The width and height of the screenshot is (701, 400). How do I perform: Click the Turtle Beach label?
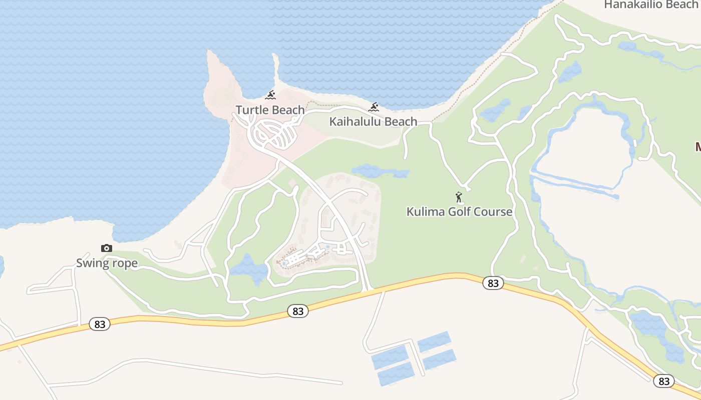(270, 110)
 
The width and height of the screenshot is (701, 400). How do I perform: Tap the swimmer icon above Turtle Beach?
(270, 95)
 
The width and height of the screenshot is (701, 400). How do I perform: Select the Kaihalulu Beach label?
(373, 121)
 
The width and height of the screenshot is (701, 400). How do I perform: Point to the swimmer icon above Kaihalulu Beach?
(374, 106)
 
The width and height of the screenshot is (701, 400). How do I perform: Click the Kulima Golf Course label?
(459, 211)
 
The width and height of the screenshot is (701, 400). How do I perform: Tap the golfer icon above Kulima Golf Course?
(458, 197)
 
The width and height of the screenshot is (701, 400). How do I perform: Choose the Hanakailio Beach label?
(650, 4)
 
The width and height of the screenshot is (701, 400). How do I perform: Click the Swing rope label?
(107, 263)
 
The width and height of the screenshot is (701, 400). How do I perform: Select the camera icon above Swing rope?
(106, 248)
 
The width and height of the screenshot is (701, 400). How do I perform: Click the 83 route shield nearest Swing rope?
(100, 324)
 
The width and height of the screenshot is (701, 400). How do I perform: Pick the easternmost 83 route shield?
(664, 381)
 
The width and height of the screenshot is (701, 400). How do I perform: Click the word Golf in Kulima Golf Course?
(460, 211)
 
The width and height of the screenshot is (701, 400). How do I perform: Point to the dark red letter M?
(697, 146)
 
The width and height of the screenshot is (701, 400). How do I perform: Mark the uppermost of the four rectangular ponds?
(434, 341)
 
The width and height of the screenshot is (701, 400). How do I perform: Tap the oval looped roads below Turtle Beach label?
(275, 134)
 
